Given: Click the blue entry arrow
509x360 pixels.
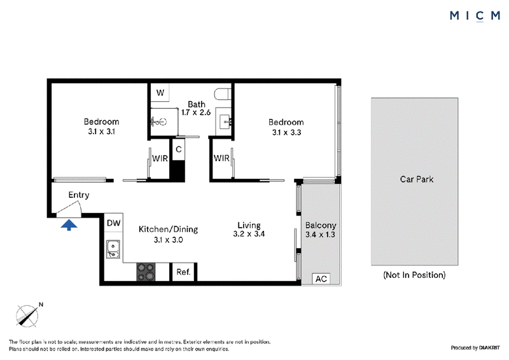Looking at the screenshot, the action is [69, 225].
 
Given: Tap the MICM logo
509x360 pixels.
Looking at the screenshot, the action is [475, 15].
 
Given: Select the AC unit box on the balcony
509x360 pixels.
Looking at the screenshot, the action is [321, 279].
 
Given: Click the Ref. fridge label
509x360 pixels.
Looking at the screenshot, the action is [183, 272].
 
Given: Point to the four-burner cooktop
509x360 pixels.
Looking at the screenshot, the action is [146, 272].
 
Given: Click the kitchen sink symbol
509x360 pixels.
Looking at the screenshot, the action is [113, 249].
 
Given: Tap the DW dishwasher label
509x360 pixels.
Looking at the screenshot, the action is [114, 223].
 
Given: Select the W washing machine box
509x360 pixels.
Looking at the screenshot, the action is [160, 92].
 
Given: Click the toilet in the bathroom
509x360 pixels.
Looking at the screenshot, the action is [223, 93].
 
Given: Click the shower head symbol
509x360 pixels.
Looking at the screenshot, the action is [158, 122].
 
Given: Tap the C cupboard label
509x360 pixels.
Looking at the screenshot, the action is [179, 149].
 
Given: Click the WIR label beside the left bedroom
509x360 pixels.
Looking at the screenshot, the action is [160, 158].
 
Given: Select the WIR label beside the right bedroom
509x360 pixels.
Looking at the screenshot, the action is [221, 158].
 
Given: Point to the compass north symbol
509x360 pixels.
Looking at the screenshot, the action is [27, 315].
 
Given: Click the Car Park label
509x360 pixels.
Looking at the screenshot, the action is [417, 179].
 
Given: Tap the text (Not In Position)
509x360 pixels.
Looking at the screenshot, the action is [415, 275].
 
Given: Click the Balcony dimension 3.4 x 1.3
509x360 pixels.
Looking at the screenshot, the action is [320, 234].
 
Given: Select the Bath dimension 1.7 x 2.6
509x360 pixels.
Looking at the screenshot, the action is [196, 113].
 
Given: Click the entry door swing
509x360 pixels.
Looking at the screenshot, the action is [69, 209].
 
